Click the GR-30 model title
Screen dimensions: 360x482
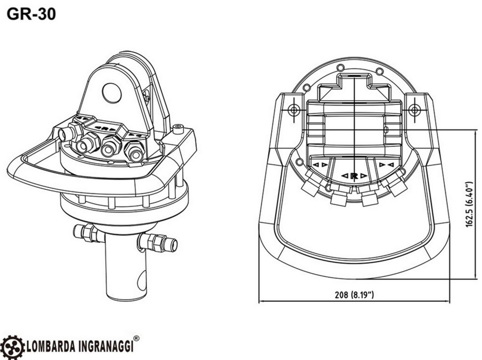coord(32,14)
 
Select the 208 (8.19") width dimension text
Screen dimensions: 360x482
coord(354,295)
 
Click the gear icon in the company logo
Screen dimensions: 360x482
coord(12,346)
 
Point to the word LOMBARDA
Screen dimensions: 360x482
coord(52,346)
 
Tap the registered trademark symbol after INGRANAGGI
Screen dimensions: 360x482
coord(136,338)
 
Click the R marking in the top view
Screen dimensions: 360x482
coord(354,176)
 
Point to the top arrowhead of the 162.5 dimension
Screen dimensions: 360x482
coord(463,132)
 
